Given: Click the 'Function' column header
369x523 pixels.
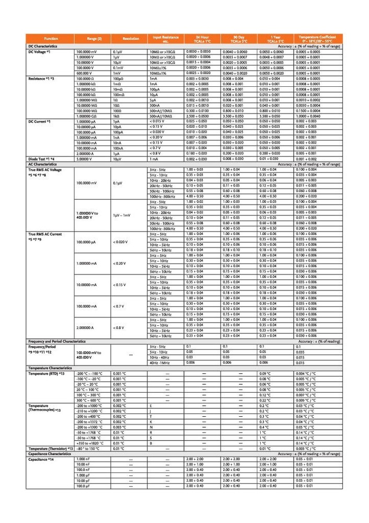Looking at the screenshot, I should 51,39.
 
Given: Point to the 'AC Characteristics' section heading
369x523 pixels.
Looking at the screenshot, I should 42,164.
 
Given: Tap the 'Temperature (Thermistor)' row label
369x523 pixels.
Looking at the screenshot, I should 50,449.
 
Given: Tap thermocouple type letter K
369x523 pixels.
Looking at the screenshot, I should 151,422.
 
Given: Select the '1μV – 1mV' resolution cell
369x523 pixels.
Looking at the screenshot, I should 122,215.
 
